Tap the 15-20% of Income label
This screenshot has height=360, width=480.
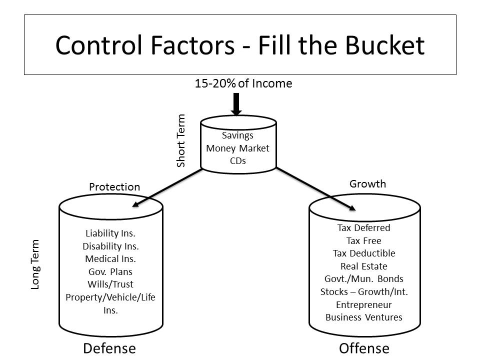[x=243, y=83]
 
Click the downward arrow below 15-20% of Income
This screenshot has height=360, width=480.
[x=237, y=104]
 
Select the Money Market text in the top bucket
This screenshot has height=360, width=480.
[x=238, y=148]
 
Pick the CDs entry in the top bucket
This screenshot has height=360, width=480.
[x=238, y=160]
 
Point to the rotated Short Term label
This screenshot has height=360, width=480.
[x=181, y=141]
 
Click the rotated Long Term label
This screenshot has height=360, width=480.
[x=35, y=264]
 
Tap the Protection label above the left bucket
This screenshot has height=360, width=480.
[x=114, y=187]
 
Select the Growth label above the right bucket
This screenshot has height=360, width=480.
[x=367, y=183]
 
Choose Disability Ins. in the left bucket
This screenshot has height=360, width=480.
[x=110, y=246]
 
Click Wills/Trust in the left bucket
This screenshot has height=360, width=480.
[x=110, y=285]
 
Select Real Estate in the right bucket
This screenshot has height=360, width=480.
[x=364, y=266]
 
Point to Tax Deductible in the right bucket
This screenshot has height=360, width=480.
[x=364, y=253]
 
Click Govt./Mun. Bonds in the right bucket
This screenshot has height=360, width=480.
[x=364, y=279]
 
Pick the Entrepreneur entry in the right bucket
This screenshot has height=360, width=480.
[x=364, y=304]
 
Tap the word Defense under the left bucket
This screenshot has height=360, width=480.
[x=109, y=348]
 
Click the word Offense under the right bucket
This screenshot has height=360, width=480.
[x=364, y=348]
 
